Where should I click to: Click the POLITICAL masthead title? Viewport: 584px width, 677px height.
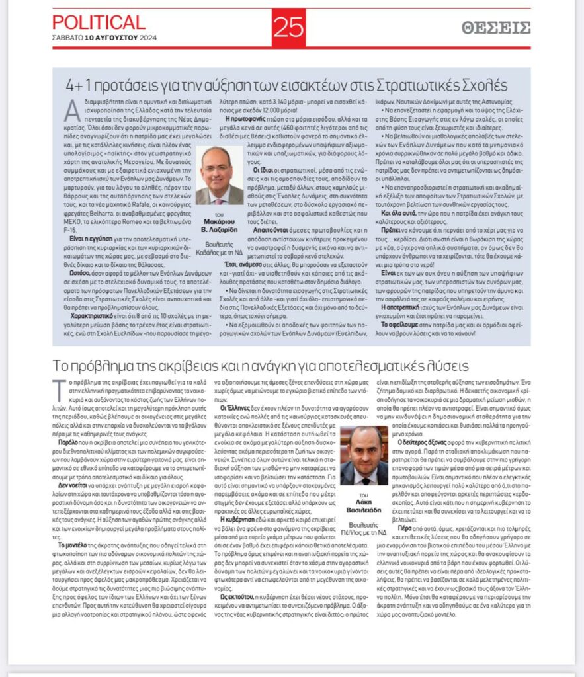(98, 22)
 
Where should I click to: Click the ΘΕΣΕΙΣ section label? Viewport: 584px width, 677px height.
(496, 28)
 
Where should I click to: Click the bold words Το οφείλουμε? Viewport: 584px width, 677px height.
(402, 325)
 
